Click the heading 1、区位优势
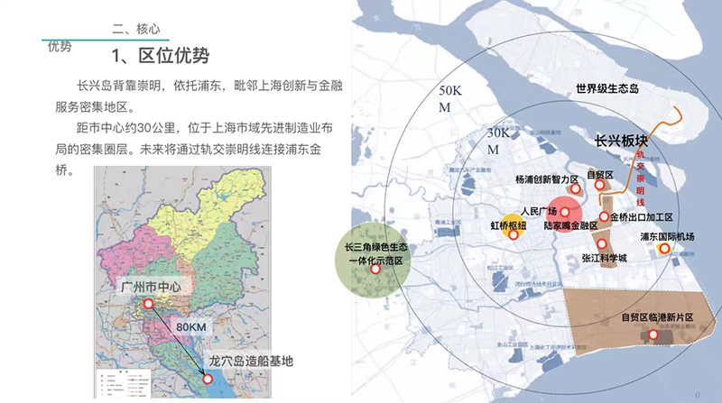[x=161, y=56]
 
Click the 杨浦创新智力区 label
[x=545, y=179]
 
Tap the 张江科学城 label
[x=604, y=258]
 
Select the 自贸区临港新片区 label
[x=656, y=317]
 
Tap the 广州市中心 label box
[x=151, y=287]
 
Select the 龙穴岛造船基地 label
[x=251, y=361]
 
